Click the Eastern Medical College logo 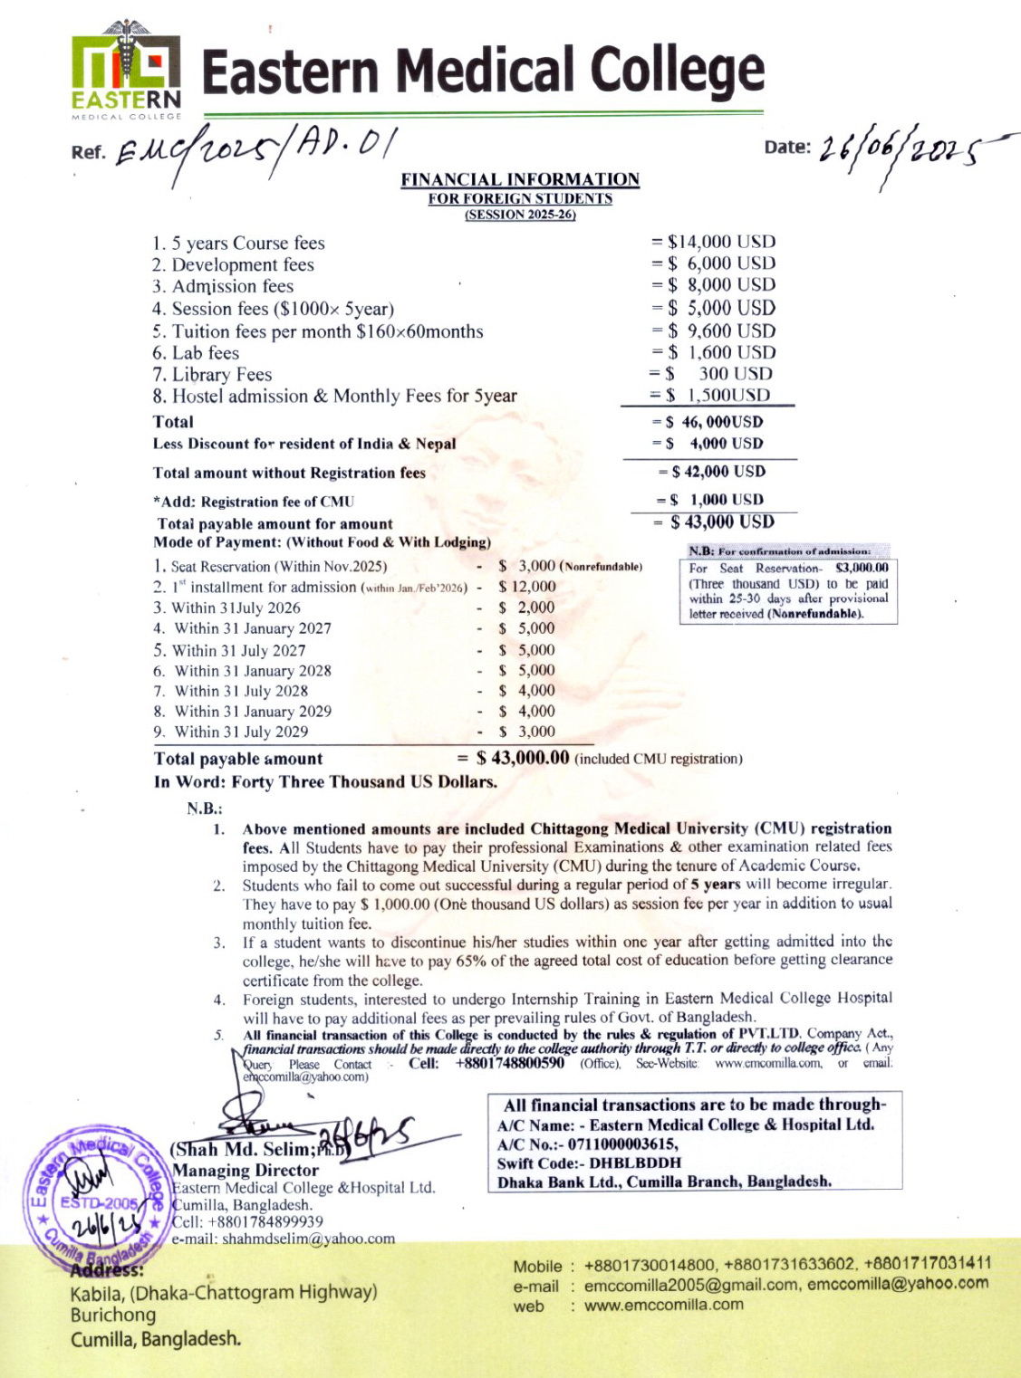coord(126,71)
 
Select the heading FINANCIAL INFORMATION coord(520,179)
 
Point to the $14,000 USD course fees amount coord(721,242)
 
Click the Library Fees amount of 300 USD coord(735,374)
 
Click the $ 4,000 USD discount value coord(726,444)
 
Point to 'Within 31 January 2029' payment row coord(253,712)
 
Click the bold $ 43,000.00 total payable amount coord(523,758)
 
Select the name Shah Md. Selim coord(240,1149)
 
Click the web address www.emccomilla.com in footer coord(664,1305)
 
